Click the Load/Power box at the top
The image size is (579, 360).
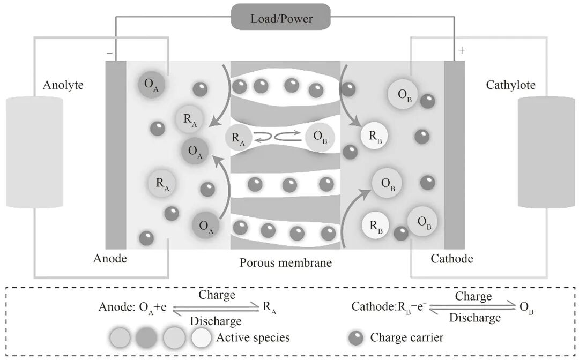(281, 18)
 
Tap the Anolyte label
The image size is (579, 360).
(63, 85)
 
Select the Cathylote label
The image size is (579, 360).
(510, 85)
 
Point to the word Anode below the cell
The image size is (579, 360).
(110, 259)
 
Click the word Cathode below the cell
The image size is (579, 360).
(452, 259)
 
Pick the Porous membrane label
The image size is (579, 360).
(286, 263)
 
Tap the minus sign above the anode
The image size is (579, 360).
(109, 54)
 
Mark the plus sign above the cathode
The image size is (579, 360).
(462, 51)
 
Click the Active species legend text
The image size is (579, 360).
(253, 337)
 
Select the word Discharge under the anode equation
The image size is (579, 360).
(216, 321)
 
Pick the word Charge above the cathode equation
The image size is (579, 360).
(473, 296)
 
